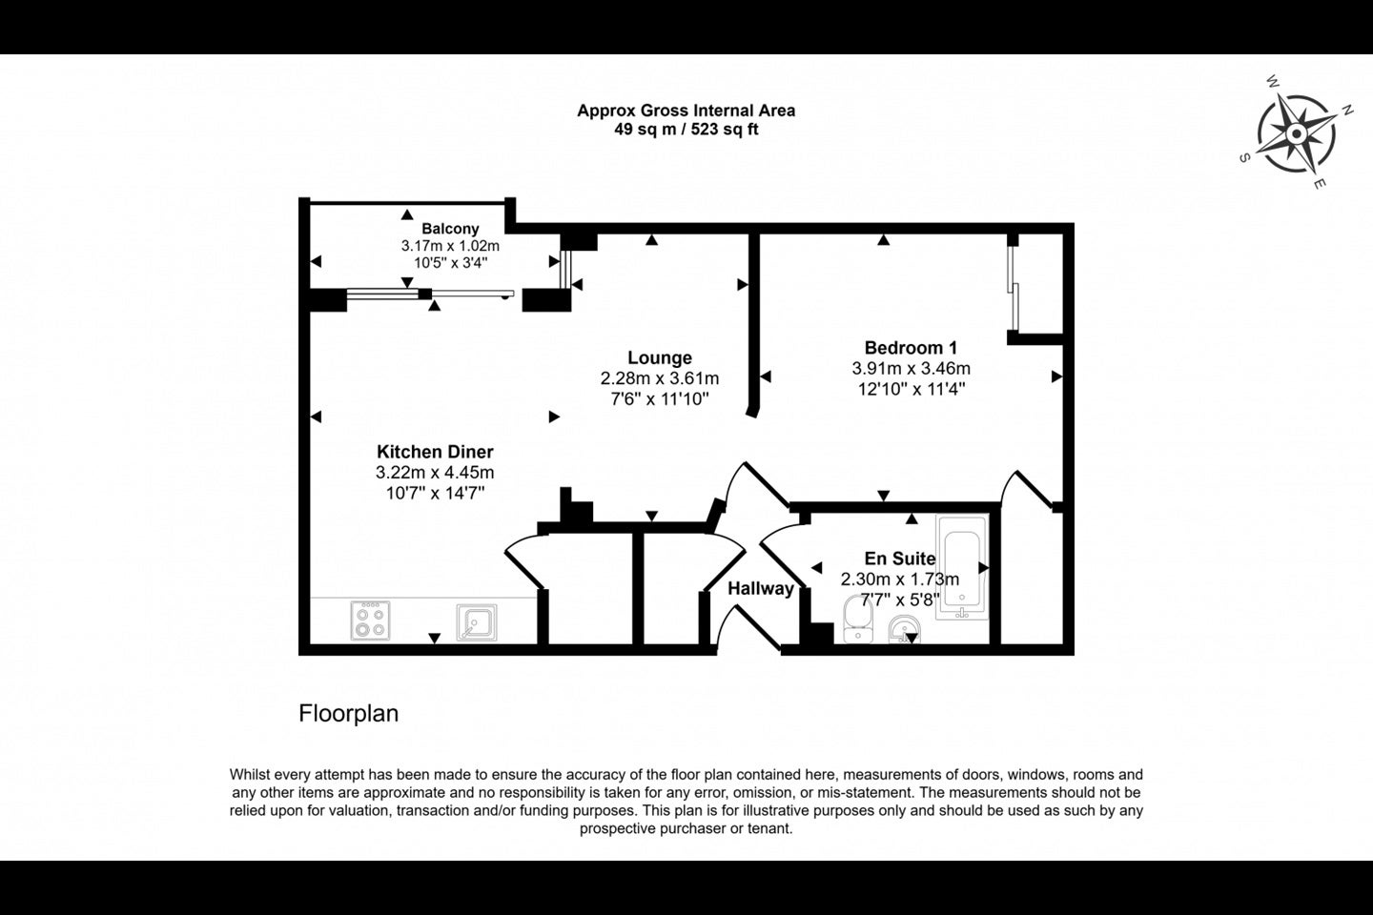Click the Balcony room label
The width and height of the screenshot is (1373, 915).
coord(450,229)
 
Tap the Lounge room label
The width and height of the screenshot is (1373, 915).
coord(660,357)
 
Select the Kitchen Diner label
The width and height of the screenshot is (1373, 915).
coord(435,452)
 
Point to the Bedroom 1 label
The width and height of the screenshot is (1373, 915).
coord(911,348)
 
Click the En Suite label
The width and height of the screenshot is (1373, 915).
coord(900,559)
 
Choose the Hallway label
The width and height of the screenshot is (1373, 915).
coord(761,588)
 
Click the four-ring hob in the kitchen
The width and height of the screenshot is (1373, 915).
coord(370,620)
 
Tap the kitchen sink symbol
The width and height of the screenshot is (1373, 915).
coord(477,622)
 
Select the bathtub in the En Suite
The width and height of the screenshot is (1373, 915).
coord(962,567)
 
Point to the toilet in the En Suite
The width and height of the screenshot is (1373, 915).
coord(858,619)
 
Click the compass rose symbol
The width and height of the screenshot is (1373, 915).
coord(1296,133)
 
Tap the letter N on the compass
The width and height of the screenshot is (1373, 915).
coord(1348,111)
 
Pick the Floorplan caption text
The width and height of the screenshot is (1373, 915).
coord(348,713)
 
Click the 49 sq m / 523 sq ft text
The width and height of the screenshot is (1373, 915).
coord(686,130)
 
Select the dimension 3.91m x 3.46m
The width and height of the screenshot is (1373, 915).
coord(911,368)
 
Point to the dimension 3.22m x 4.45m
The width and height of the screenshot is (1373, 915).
coord(435,473)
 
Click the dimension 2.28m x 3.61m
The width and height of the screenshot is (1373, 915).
coord(660,378)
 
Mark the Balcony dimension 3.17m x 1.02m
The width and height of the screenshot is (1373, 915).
coord(450,246)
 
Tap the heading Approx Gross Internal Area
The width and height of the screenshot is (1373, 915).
coord(686,111)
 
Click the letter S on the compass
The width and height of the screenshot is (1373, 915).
coord(1244,158)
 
